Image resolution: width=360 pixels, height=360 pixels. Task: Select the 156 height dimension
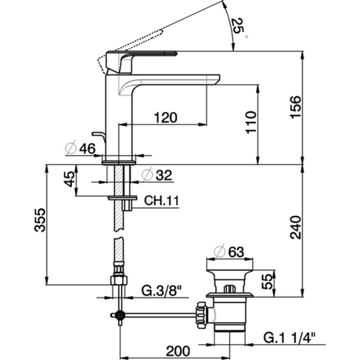coord(296,108)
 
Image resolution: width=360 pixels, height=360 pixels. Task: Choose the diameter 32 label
coord(157,175)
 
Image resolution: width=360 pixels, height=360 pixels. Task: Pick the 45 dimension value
coord(70,180)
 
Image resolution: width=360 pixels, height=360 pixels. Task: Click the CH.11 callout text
coord(161,201)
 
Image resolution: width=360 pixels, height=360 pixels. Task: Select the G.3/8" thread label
coord(161,292)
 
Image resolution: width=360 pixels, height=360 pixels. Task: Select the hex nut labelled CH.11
coord(122,197)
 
